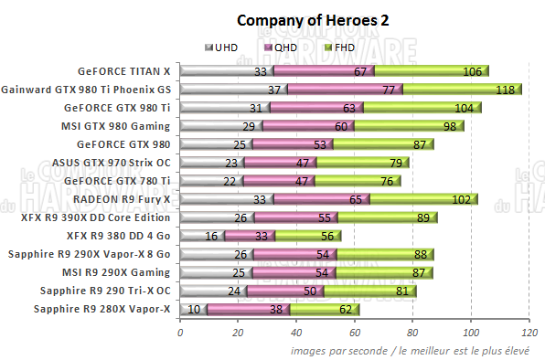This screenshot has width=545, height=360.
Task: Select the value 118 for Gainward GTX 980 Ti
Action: point(502,90)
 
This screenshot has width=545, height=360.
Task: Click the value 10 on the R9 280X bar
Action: point(194,310)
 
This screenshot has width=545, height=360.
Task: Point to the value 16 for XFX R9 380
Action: point(211,236)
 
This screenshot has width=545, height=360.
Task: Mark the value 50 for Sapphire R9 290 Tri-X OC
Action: point(309,291)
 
